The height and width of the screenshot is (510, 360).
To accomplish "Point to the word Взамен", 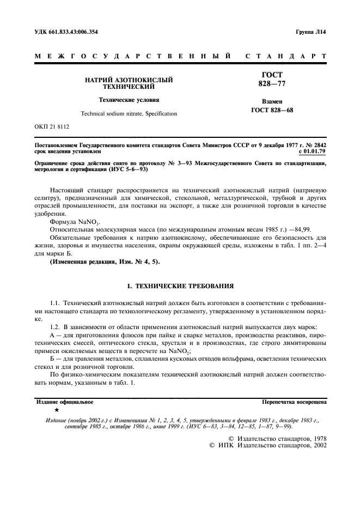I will tap(271, 102).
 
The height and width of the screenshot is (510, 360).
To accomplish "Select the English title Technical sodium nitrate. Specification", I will tap(129, 114).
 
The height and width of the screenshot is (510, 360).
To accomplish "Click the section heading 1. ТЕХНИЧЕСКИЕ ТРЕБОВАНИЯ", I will tap(179, 285).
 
